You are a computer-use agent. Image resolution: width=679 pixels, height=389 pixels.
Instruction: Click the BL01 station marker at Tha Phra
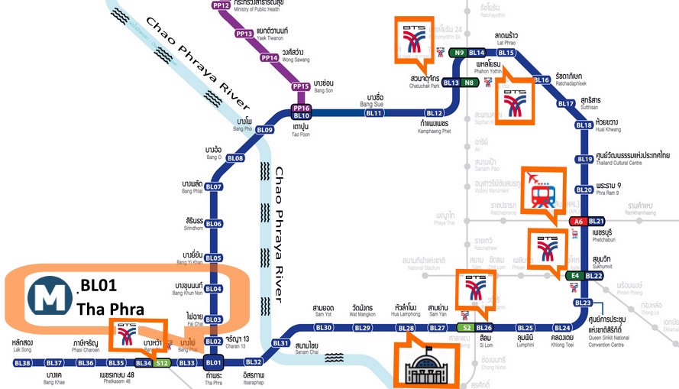(213, 362)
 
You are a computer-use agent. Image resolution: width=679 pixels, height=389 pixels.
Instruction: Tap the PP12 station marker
(221, 5)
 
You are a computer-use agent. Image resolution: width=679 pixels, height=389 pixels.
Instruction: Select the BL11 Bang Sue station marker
(373, 113)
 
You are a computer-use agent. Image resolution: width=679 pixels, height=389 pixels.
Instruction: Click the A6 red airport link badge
(578, 221)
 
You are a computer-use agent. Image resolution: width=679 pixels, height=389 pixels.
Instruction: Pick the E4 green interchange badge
(577, 275)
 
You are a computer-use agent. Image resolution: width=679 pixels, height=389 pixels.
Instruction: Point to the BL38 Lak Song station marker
(22, 362)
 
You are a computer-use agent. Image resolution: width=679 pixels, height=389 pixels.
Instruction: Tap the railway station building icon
(425, 363)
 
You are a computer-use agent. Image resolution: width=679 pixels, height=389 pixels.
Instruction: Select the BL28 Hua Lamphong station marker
(406, 328)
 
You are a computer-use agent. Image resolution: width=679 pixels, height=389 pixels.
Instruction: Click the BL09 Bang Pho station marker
(264, 130)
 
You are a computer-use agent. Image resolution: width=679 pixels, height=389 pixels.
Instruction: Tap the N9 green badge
(459, 53)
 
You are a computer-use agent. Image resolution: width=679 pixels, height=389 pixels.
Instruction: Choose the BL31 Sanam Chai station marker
(281, 343)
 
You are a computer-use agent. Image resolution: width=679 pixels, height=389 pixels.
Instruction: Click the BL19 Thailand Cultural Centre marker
(584, 159)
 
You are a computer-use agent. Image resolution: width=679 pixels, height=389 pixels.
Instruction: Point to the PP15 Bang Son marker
(300, 86)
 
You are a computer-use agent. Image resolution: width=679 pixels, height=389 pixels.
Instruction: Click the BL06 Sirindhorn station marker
(213, 224)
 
